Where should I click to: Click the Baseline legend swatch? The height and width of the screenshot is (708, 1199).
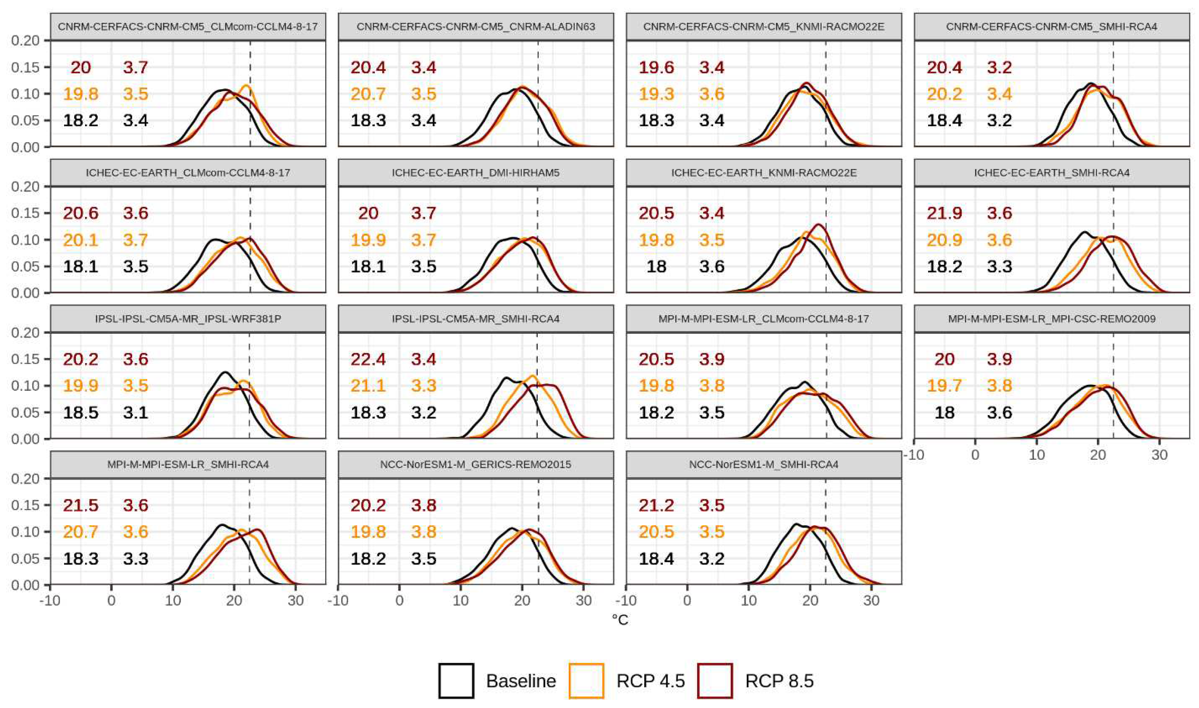[456, 680]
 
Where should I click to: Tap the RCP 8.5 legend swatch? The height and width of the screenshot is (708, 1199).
[715, 680]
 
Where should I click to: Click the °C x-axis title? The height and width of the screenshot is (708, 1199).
[620, 620]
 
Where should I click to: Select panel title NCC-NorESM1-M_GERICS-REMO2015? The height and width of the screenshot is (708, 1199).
[476, 464]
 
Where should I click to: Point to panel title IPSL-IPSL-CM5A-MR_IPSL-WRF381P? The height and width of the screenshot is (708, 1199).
[188, 318]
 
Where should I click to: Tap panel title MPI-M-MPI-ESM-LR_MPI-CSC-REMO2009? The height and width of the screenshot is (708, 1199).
[1052, 318]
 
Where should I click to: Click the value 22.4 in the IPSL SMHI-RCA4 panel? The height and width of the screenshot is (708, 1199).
[368, 359]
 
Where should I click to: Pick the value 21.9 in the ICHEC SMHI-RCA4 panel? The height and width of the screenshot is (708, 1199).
[944, 213]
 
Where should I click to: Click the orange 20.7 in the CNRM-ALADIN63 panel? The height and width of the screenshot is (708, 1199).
[368, 94]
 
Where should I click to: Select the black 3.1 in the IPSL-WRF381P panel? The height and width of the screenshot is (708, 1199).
[135, 412]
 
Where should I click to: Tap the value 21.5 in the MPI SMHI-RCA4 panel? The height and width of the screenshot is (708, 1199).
[81, 505]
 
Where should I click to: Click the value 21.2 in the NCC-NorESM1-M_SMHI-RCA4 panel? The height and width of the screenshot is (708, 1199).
[656, 505]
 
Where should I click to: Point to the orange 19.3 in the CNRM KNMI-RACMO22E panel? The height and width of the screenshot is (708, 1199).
[656, 94]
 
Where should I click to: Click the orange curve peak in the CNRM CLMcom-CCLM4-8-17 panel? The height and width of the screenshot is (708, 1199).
[246, 86]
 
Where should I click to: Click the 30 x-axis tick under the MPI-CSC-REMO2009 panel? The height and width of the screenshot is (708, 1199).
[1159, 454]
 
